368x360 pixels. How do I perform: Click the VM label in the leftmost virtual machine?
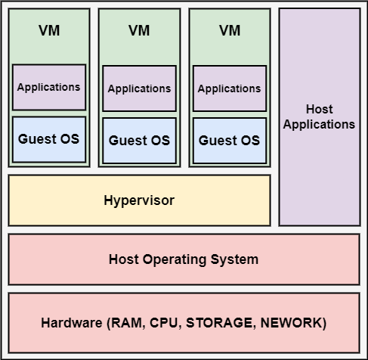click(48, 31)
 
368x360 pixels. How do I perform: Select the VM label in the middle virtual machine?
click(139, 31)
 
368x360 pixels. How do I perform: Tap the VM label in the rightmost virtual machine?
click(229, 31)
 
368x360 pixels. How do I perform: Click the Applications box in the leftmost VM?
click(49, 87)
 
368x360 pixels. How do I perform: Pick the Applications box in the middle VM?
click(139, 88)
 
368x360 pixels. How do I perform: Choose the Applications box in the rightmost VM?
click(229, 88)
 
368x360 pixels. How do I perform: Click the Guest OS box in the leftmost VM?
click(49, 139)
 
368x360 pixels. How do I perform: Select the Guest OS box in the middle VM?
click(139, 141)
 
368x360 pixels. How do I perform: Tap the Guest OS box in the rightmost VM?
click(229, 141)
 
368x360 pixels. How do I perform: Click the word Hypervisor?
click(139, 200)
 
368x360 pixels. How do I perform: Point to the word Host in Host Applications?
click(319, 110)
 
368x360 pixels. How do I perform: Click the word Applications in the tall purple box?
click(319, 124)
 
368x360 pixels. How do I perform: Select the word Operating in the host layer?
click(173, 259)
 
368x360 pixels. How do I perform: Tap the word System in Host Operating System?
click(233, 259)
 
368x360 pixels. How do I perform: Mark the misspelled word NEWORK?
click(295, 323)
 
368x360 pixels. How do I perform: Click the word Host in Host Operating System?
click(124, 259)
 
